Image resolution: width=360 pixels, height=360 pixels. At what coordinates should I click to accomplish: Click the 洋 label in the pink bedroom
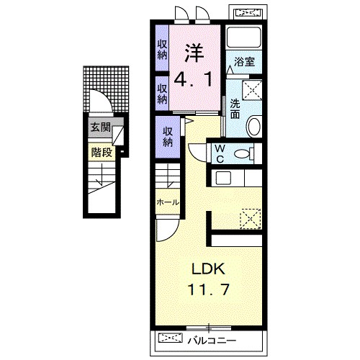pyautogui.click(x=194, y=53)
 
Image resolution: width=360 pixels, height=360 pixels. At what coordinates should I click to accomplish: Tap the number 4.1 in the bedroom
pyautogui.click(x=194, y=80)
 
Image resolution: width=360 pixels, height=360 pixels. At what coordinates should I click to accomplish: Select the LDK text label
pyautogui.click(x=208, y=269)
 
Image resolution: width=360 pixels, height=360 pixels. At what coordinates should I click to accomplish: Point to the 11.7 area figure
pyautogui.click(x=208, y=289)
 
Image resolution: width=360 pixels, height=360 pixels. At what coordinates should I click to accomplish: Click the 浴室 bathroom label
pyautogui.click(x=244, y=62)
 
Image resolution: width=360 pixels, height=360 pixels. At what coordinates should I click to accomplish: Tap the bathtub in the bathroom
pyautogui.click(x=244, y=37)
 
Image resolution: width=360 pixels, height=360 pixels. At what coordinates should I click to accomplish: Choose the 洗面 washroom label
pyautogui.click(x=235, y=109)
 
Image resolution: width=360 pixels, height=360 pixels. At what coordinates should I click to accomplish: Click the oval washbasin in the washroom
pyautogui.click(x=254, y=126)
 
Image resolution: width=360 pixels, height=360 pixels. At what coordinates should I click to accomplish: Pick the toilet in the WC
pyautogui.click(x=244, y=153)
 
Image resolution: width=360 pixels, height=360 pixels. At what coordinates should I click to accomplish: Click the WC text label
pyautogui.click(x=220, y=153)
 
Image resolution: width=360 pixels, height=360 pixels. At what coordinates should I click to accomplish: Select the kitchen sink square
pyautogui.click(x=223, y=179)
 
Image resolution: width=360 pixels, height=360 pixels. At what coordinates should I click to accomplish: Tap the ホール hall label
pyautogui.click(x=168, y=202)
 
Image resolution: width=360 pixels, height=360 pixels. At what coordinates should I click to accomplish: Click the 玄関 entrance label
pyautogui.click(x=101, y=127)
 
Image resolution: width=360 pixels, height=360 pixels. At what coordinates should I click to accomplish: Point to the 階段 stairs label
pyautogui.click(x=102, y=152)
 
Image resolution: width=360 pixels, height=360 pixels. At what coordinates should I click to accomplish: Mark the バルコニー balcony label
pyautogui.click(x=212, y=341)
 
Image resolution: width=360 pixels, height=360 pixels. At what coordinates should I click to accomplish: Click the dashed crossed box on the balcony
pyautogui.click(x=171, y=338)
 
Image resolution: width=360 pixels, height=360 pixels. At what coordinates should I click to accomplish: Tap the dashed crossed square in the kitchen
pyautogui.click(x=251, y=219)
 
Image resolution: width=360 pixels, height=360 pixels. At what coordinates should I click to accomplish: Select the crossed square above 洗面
pyautogui.click(x=252, y=90)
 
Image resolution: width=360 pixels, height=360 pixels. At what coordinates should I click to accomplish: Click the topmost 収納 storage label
pyautogui.click(x=162, y=50)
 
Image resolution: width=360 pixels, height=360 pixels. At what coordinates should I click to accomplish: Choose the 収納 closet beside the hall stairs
pyautogui.click(x=168, y=137)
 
